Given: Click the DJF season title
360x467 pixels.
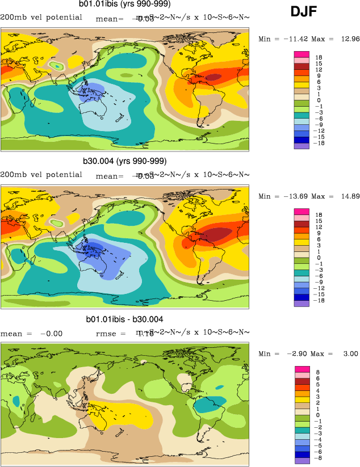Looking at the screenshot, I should (x=303, y=11).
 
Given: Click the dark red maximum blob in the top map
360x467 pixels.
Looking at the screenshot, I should (x=213, y=77).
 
